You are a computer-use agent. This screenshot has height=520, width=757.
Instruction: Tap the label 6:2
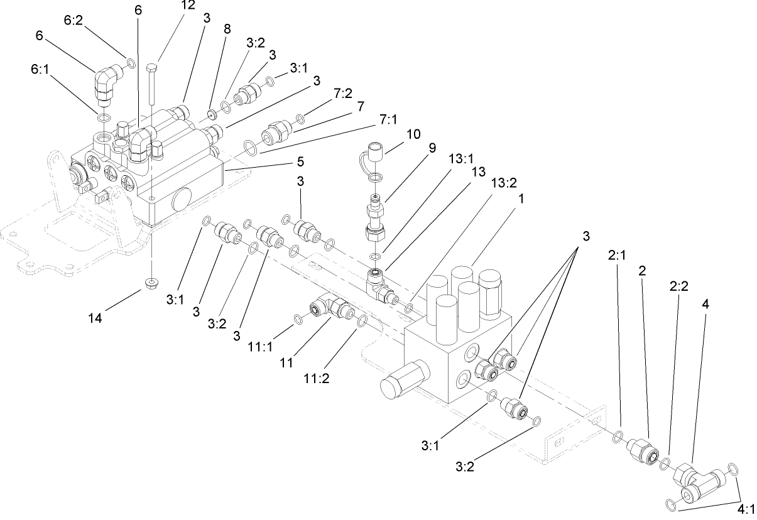tap(74, 20)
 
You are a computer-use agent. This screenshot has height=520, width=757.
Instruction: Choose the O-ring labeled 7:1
tap(249, 148)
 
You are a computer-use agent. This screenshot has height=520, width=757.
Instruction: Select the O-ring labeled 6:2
tap(131, 62)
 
